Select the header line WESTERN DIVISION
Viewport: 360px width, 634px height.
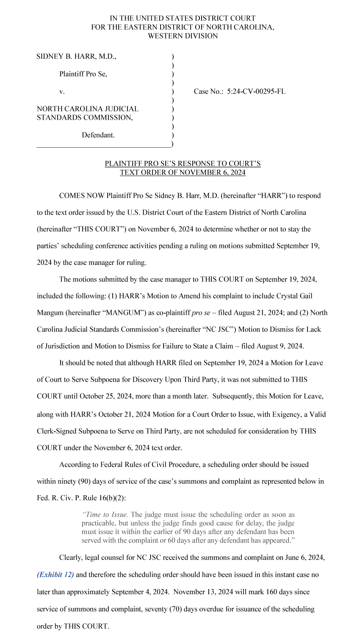pyautogui.click(x=183, y=36)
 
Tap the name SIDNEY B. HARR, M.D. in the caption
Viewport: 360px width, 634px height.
pyautogui.click(x=76, y=56)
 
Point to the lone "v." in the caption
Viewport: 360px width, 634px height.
pyautogui.click(x=62, y=91)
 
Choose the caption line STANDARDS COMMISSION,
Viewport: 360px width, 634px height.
pyautogui.click(x=85, y=118)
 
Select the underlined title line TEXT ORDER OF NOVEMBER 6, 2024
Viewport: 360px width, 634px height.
pyautogui.click(x=183, y=173)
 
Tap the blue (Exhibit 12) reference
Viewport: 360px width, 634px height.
pyautogui.click(x=55, y=575)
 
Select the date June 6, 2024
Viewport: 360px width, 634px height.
pyautogui.click(x=302, y=558)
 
